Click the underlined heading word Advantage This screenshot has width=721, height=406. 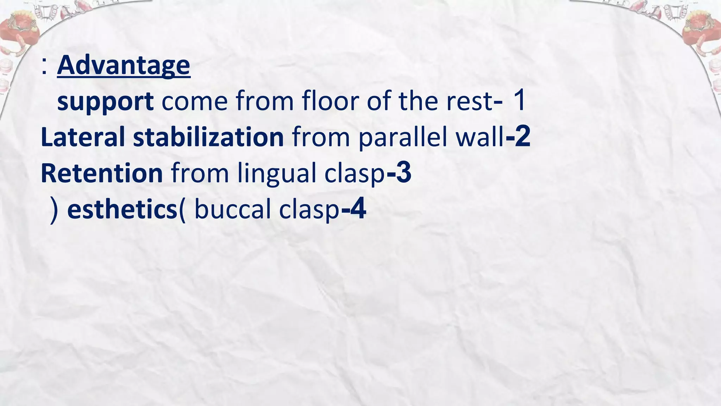click(124, 66)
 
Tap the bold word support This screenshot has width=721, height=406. click(105, 102)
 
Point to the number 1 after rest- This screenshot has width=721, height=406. click(519, 101)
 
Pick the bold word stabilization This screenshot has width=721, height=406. click(208, 137)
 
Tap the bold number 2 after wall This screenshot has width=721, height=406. click(522, 137)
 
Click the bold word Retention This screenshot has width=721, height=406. click(102, 173)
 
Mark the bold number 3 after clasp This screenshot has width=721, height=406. click(403, 173)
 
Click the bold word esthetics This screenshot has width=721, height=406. click(122, 209)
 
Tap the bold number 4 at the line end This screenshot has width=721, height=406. click(358, 209)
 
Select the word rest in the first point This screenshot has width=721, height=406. click(469, 101)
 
